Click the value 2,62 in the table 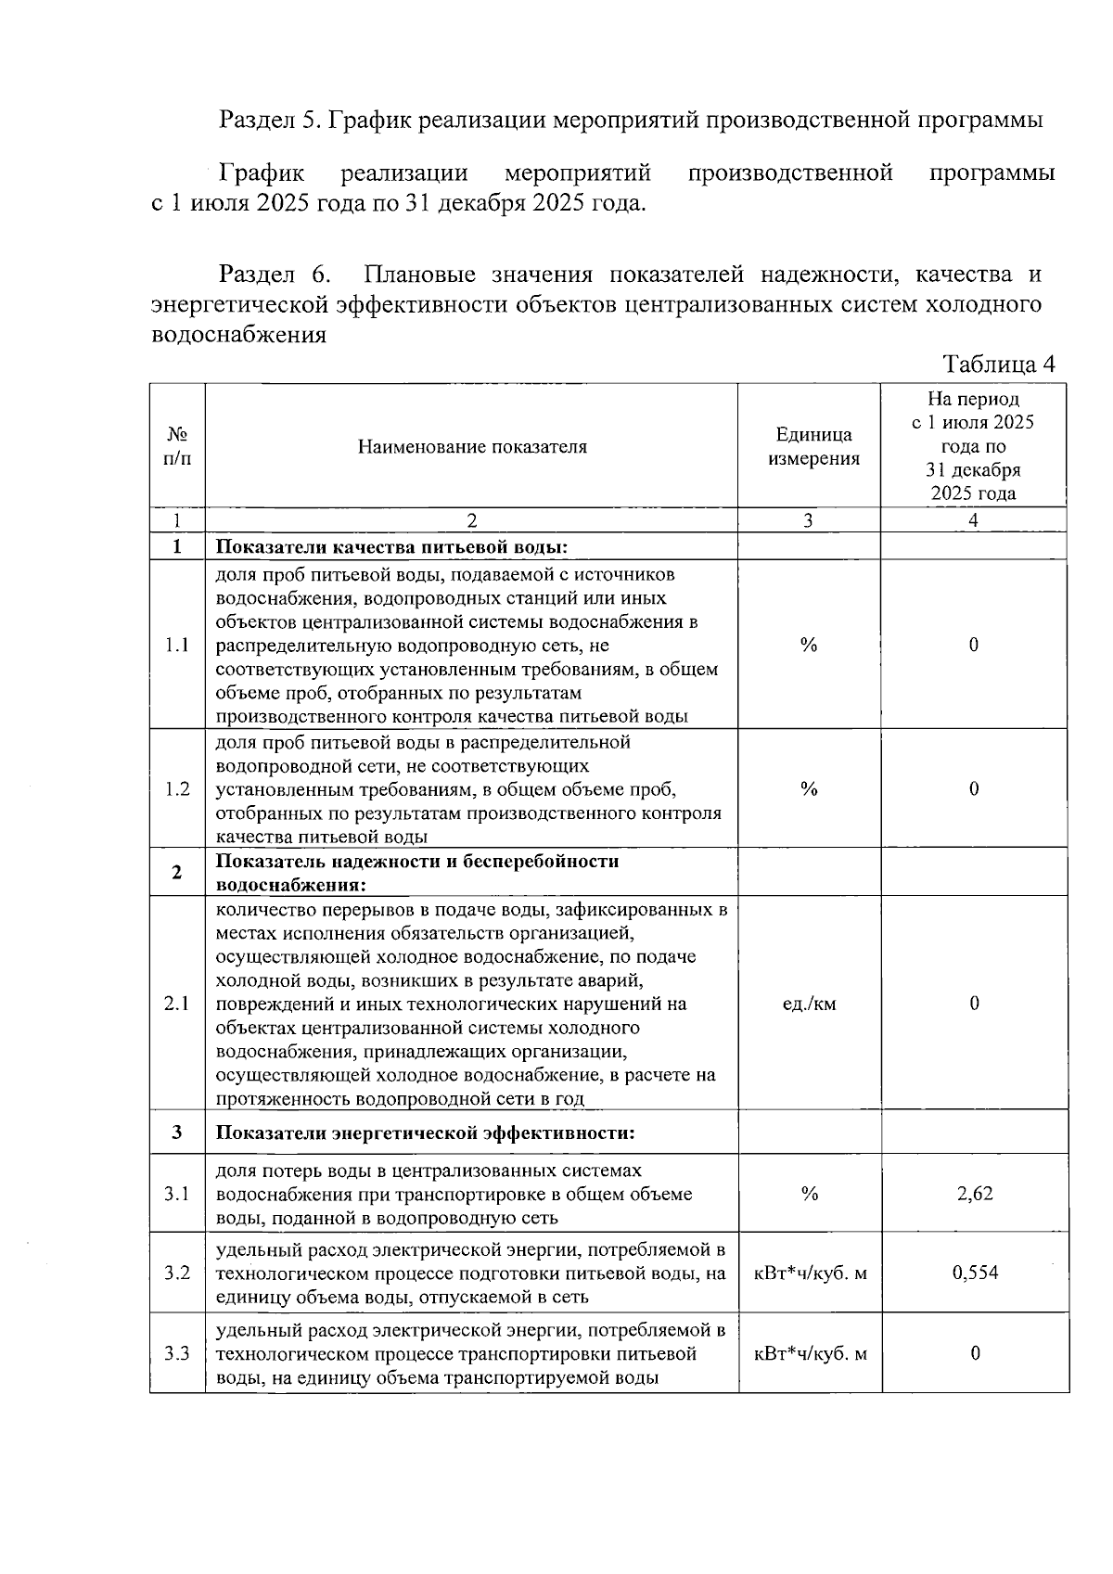point(974,1194)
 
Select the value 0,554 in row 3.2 point(974,1273)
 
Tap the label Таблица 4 point(998,364)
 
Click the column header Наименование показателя point(472,447)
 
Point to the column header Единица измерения point(813,447)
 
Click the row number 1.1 point(177,646)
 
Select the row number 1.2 point(177,789)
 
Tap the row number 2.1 point(177,1004)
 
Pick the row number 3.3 point(177,1353)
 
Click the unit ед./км point(810,1004)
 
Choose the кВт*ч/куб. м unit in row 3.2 point(810,1273)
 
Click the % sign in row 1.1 point(809,646)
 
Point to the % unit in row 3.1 point(809,1194)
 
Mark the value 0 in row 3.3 point(975,1353)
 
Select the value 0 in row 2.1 point(974,1004)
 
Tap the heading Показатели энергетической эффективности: point(425,1133)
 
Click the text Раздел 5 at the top point(269,120)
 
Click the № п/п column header point(177,447)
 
